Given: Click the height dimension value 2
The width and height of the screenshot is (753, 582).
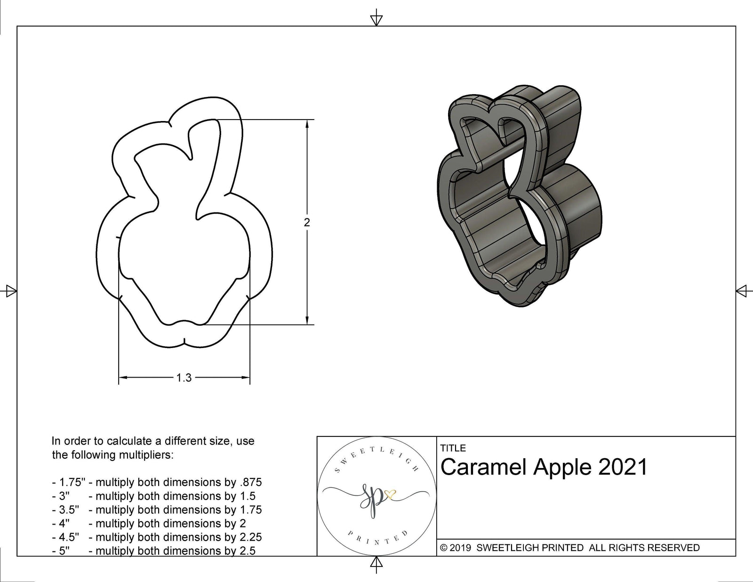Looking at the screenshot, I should click(307, 222).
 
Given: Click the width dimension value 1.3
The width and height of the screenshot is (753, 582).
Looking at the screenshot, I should click(184, 378).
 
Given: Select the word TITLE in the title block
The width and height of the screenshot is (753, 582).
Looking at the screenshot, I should click(453, 448).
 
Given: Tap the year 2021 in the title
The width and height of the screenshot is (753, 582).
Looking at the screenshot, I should click(623, 467).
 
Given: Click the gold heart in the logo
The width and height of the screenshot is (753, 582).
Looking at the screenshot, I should click(390, 494).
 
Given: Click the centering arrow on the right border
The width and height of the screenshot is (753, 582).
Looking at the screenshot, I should click(742, 291).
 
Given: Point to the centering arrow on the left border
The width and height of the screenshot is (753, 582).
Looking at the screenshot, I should click(11, 291).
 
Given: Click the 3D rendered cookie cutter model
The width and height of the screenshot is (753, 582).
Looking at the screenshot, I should click(518, 198).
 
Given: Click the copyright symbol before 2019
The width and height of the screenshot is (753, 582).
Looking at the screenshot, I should click(443, 548).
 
